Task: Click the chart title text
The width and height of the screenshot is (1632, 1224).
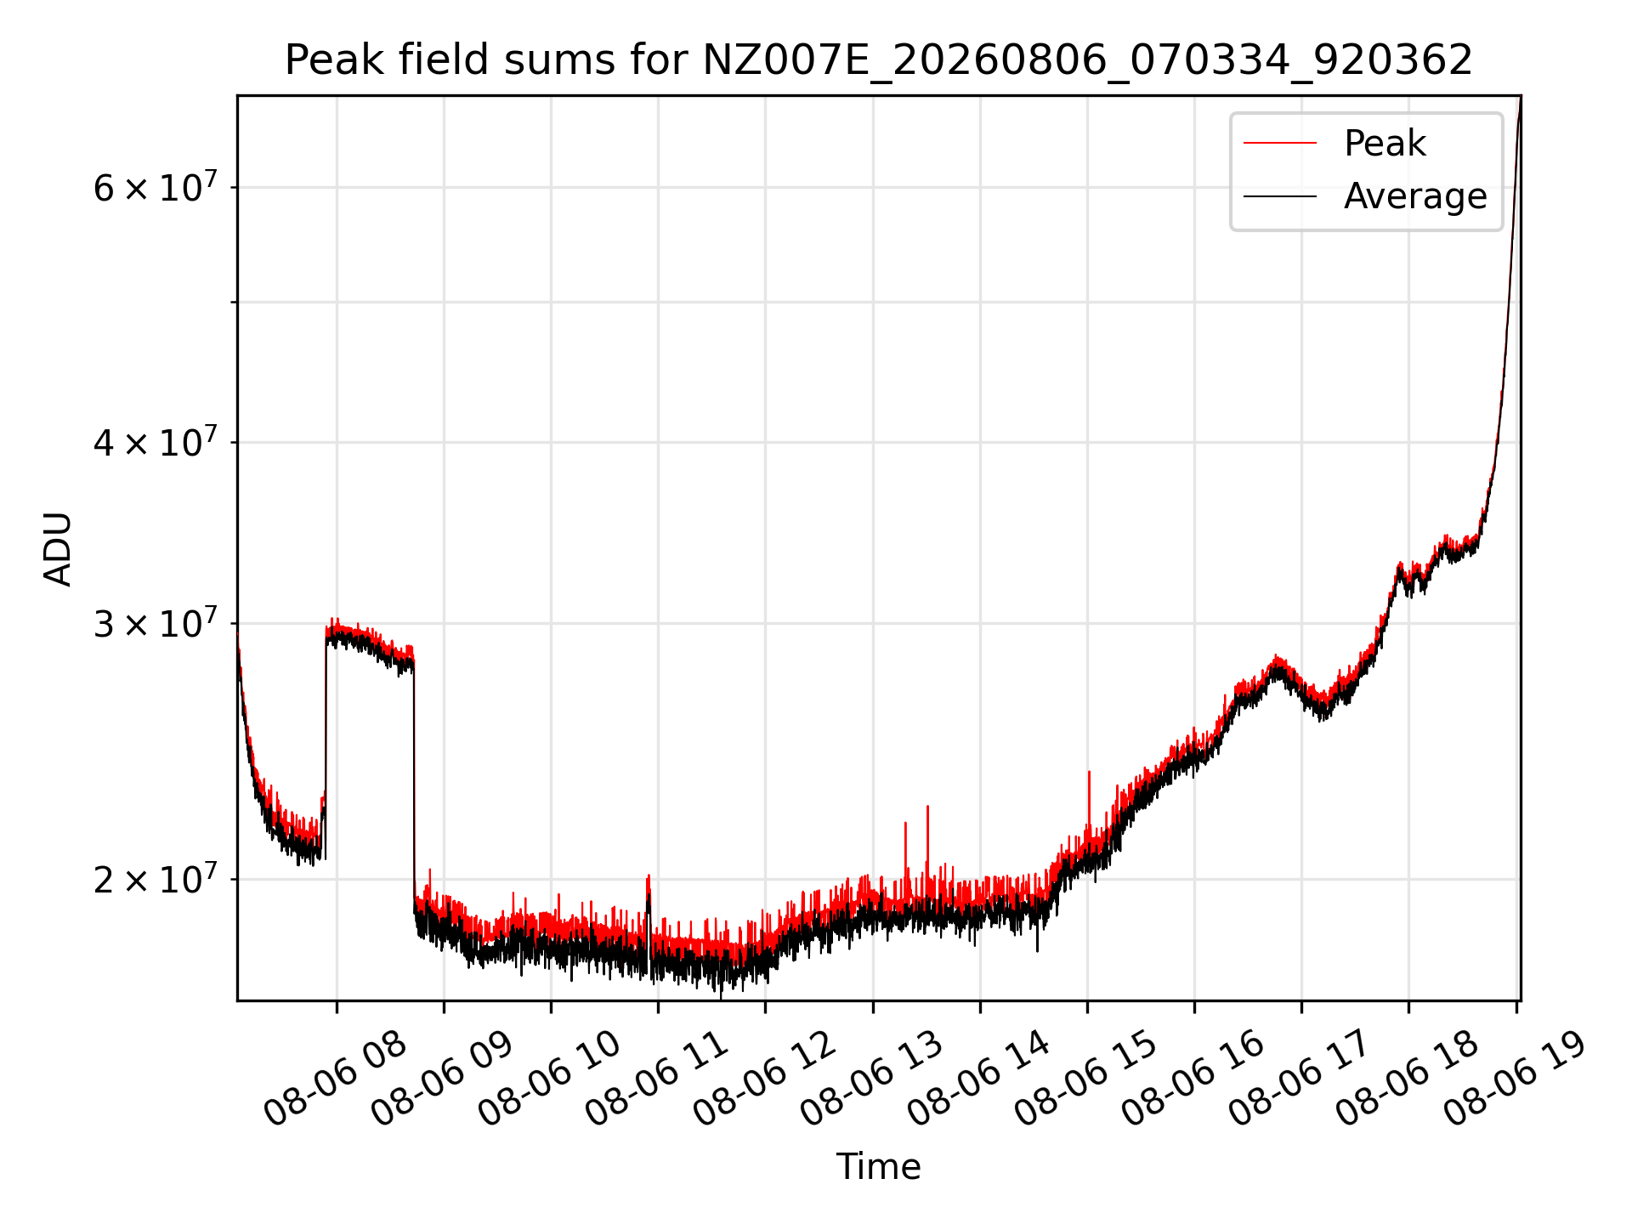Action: tap(878, 60)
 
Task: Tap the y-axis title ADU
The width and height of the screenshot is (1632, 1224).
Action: tap(58, 548)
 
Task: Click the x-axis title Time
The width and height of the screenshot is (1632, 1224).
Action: tap(878, 1167)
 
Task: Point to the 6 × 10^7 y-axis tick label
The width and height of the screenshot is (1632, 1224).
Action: tap(156, 187)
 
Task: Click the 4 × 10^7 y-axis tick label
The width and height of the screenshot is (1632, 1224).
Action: tap(156, 442)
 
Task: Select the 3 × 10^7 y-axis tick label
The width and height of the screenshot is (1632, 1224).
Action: tap(156, 623)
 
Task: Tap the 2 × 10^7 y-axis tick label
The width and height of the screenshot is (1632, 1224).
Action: tap(156, 879)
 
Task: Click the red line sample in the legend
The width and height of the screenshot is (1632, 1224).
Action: tap(1280, 144)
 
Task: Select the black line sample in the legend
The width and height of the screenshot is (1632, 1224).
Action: tap(1280, 197)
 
